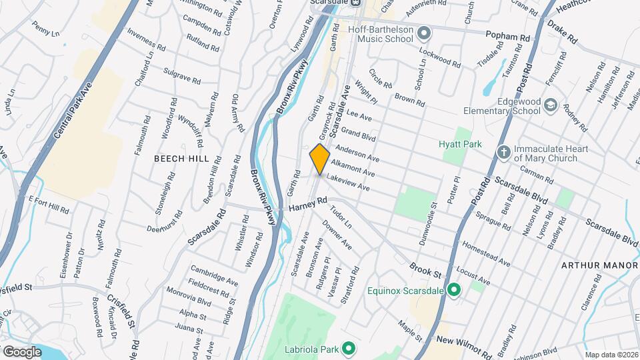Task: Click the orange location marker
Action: click(319, 159)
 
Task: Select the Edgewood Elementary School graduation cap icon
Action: click(551, 105)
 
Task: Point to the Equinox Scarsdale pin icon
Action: click(454, 290)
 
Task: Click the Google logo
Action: click(22, 351)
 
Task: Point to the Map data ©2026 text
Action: click(611, 355)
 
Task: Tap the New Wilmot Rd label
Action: click(464, 341)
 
